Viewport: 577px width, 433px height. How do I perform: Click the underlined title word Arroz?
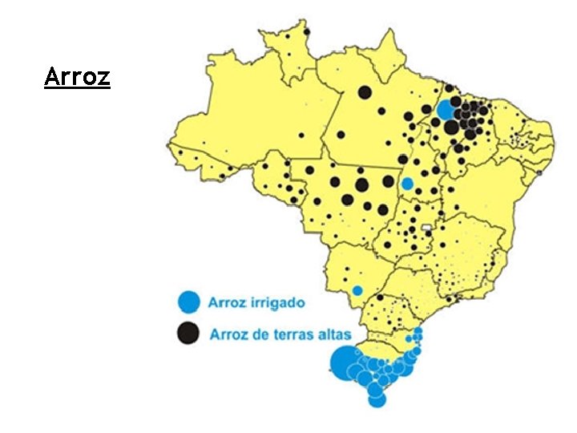click(77, 78)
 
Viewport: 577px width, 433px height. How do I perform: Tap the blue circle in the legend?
click(188, 301)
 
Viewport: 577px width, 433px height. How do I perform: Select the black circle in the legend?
click(188, 333)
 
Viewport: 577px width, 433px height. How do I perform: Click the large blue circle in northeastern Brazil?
click(446, 110)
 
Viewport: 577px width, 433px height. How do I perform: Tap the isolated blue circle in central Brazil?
click(407, 184)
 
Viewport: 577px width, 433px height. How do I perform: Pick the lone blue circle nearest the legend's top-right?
click(357, 290)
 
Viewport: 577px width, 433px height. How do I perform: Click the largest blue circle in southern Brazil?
click(345, 362)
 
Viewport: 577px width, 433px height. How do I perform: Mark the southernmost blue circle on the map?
click(377, 399)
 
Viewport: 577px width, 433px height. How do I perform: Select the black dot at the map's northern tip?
click(307, 31)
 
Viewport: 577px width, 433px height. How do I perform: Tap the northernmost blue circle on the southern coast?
click(418, 331)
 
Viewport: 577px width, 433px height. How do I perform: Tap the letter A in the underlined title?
click(50, 78)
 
